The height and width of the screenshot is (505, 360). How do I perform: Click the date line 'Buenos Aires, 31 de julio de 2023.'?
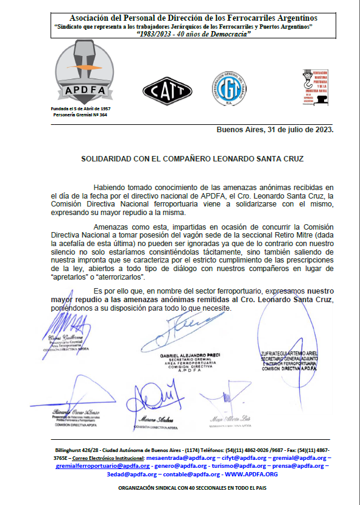click(x=275, y=130)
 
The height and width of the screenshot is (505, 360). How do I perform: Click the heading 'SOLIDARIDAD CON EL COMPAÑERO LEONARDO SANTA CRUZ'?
click(x=192, y=158)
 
